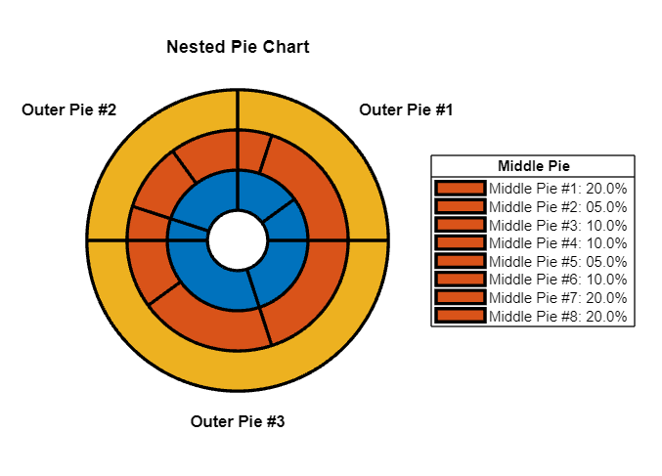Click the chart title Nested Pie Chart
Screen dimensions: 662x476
[x=238, y=47]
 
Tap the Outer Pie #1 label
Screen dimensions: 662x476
[x=406, y=109]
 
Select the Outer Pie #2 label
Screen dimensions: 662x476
[x=69, y=109]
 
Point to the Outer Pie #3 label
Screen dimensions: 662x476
[x=238, y=422]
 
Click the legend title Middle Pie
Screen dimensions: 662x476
[x=533, y=165]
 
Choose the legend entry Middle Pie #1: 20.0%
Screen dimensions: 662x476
[x=558, y=188]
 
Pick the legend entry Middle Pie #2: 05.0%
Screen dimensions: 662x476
[x=558, y=206]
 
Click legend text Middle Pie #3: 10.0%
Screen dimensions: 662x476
[x=558, y=225]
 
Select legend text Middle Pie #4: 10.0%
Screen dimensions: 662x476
[x=558, y=242]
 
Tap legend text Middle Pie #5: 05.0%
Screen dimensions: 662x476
[x=558, y=261]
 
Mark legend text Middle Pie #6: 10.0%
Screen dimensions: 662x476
[x=558, y=280]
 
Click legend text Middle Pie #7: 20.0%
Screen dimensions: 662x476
[x=558, y=297]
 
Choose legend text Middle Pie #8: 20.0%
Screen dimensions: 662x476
[x=558, y=316]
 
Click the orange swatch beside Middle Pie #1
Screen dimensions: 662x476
[x=461, y=188]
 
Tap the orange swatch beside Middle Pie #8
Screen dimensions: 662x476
[x=461, y=316]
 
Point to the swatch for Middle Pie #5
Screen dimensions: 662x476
[x=461, y=261]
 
